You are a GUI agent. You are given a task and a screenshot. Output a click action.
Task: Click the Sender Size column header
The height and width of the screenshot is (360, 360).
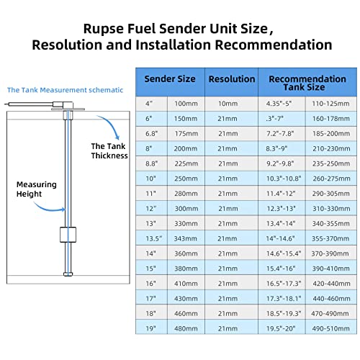(x=169, y=79)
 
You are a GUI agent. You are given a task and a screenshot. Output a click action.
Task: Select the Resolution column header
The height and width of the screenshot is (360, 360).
(x=231, y=79)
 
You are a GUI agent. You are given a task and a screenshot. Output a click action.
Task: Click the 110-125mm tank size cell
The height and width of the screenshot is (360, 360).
(x=331, y=105)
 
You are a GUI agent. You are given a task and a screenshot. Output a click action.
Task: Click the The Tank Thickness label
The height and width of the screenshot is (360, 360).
(x=109, y=150)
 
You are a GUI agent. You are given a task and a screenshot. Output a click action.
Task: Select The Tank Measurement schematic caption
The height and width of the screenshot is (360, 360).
(x=65, y=90)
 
